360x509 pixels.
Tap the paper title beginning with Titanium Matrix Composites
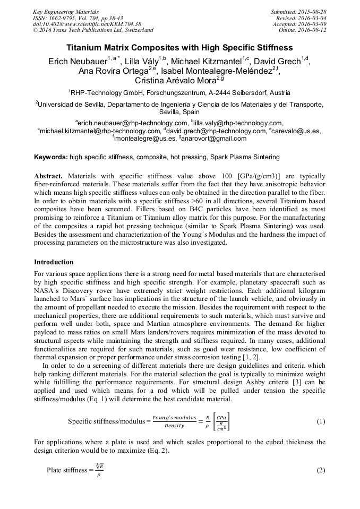click(x=179, y=48)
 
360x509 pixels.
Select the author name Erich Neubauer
click(x=78, y=62)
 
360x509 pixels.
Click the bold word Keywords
click(x=50, y=157)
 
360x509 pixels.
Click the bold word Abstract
click(x=50, y=176)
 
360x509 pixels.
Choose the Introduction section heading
click(x=54, y=262)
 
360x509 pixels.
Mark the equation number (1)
click(x=321, y=421)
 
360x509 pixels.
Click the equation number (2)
click(x=321, y=470)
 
